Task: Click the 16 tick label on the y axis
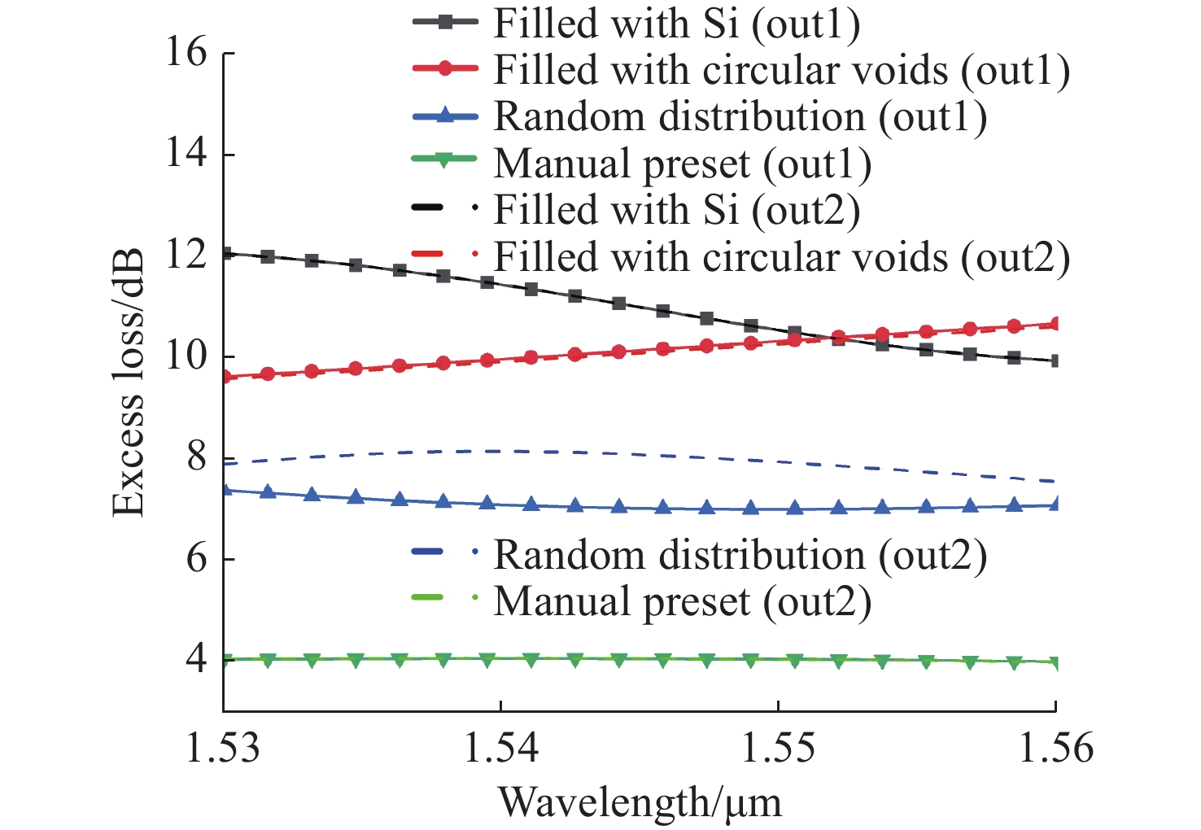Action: (x=186, y=54)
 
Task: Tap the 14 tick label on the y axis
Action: (x=186, y=155)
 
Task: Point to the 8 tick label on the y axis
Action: (x=197, y=458)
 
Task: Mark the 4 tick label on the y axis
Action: (x=197, y=660)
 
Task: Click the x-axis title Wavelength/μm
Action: (x=640, y=803)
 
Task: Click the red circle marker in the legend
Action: (x=444, y=69)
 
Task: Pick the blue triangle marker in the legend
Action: (x=444, y=116)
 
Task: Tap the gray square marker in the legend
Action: (x=444, y=23)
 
